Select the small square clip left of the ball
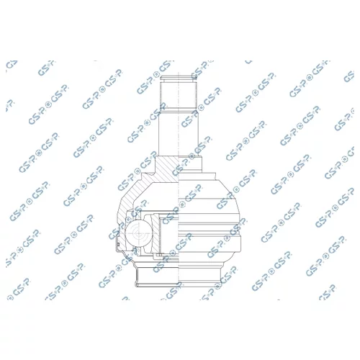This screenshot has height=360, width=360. [119, 244]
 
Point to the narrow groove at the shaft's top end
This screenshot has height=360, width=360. [179, 78]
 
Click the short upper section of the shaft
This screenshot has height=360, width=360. [179, 94]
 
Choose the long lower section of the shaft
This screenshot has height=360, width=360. [179, 133]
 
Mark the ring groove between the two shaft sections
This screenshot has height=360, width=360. [179, 109]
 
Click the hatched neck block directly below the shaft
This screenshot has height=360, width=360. [167, 168]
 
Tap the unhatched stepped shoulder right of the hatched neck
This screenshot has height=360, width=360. [190, 164]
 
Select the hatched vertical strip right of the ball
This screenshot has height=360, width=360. [156, 234]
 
